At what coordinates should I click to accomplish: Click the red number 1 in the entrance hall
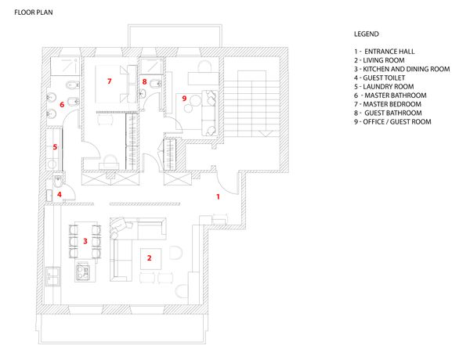coord(218,197)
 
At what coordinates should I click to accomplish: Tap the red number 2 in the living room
coord(150,255)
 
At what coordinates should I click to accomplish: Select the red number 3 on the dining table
coord(85,241)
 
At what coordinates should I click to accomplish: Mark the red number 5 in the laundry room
coord(55,146)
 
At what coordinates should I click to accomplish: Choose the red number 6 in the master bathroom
coord(61,103)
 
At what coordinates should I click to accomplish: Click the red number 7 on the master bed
coord(110,81)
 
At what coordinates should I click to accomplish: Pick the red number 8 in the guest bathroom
coord(144,81)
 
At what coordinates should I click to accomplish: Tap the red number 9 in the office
coord(184,99)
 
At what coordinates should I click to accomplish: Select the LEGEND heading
coord(367,34)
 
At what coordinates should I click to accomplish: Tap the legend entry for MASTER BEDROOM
coord(389,104)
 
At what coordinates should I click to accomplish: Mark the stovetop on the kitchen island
coord(82,272)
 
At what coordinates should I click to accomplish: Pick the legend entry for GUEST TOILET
coord(383,77)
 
